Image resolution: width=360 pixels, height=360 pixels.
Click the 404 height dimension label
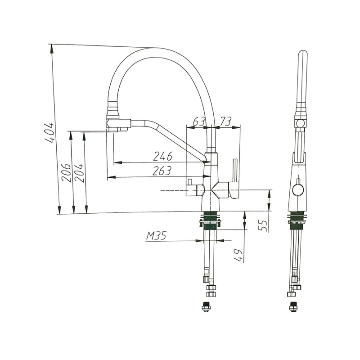[x=49, y=133]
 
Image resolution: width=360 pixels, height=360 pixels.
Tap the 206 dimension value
[x=66, y=173]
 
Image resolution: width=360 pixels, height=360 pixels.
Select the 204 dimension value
[x=79, y=173]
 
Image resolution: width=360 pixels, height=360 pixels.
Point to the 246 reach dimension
[x=163, y=156]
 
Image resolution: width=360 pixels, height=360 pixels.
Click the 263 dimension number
[x=162, y=171]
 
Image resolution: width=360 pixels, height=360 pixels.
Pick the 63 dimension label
[x=198, y=121]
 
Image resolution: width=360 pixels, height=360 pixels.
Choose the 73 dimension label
[x=225, y=121]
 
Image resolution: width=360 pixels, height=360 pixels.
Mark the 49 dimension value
[x=239, y=255]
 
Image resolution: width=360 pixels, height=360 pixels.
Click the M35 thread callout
[x=156, y=235]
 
